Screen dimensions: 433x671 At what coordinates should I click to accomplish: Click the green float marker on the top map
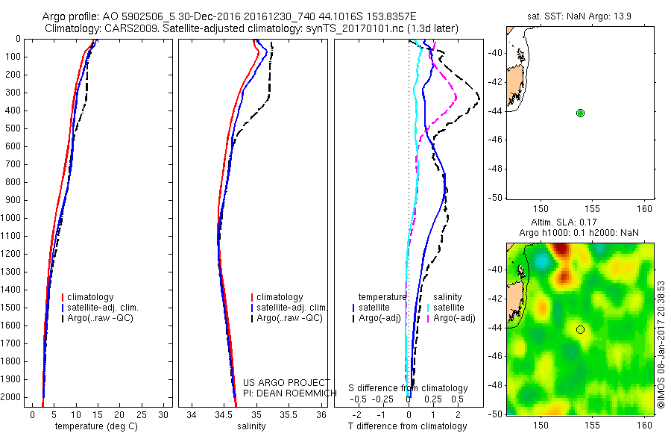pyautogui.click(x=580, y=113)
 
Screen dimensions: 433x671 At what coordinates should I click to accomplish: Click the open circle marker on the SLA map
pyautogui.click(x=580, y=329)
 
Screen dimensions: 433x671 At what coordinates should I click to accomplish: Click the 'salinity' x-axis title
pyautogui.click(x=251, y=426)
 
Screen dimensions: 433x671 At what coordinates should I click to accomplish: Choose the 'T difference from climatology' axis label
pyautogui.click(x=408, y=426)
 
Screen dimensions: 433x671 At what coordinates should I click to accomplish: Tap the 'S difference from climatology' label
pyautogui.click(x=409, y=388)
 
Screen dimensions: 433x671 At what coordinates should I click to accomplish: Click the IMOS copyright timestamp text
pyautogui.click(x=661, y=344)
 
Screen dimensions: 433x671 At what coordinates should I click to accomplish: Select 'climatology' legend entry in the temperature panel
pyautogui.click(x=92, y=297)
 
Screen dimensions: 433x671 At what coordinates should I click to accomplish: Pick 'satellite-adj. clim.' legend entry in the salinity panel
pyautogui.click(x=291, y=308)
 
